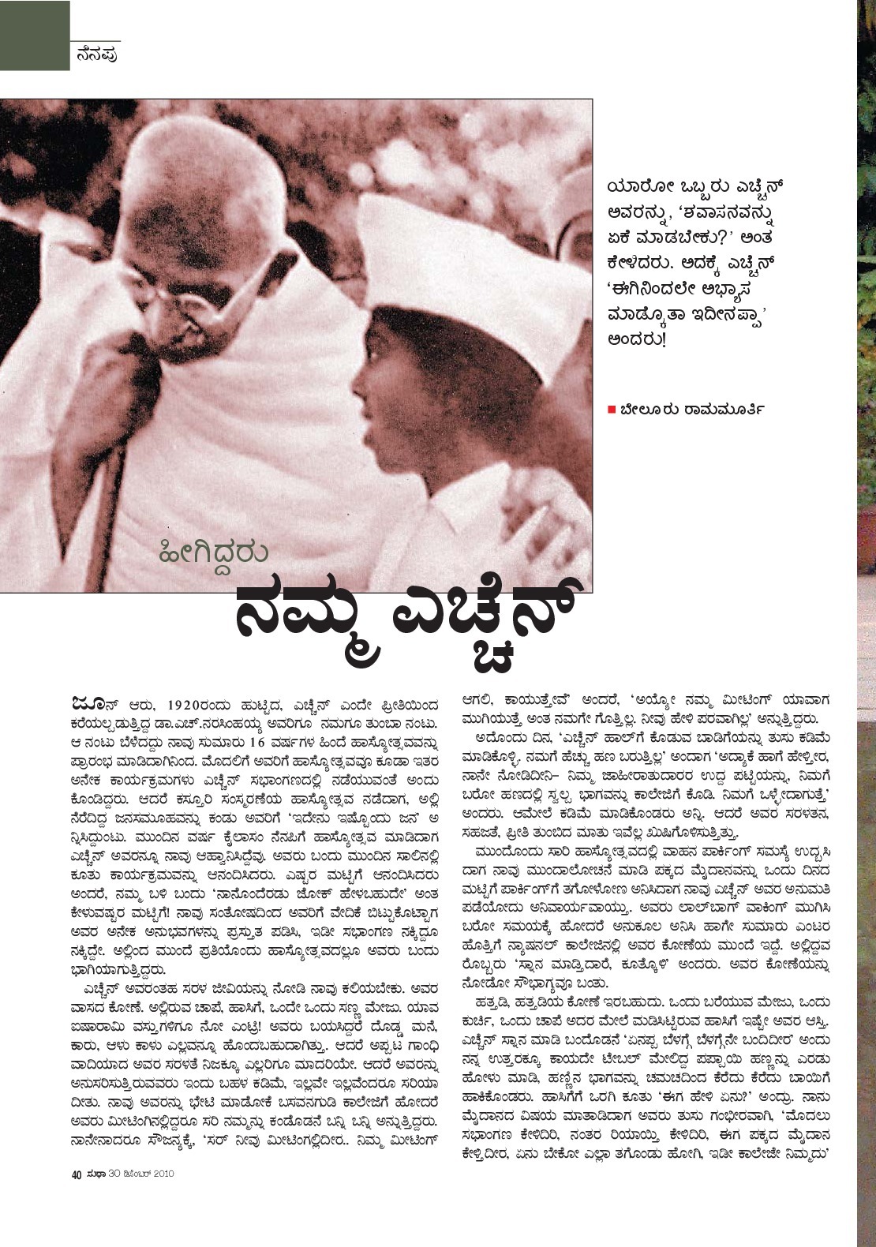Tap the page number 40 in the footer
tap(77, 1173)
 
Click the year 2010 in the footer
tap(159, 1173)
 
